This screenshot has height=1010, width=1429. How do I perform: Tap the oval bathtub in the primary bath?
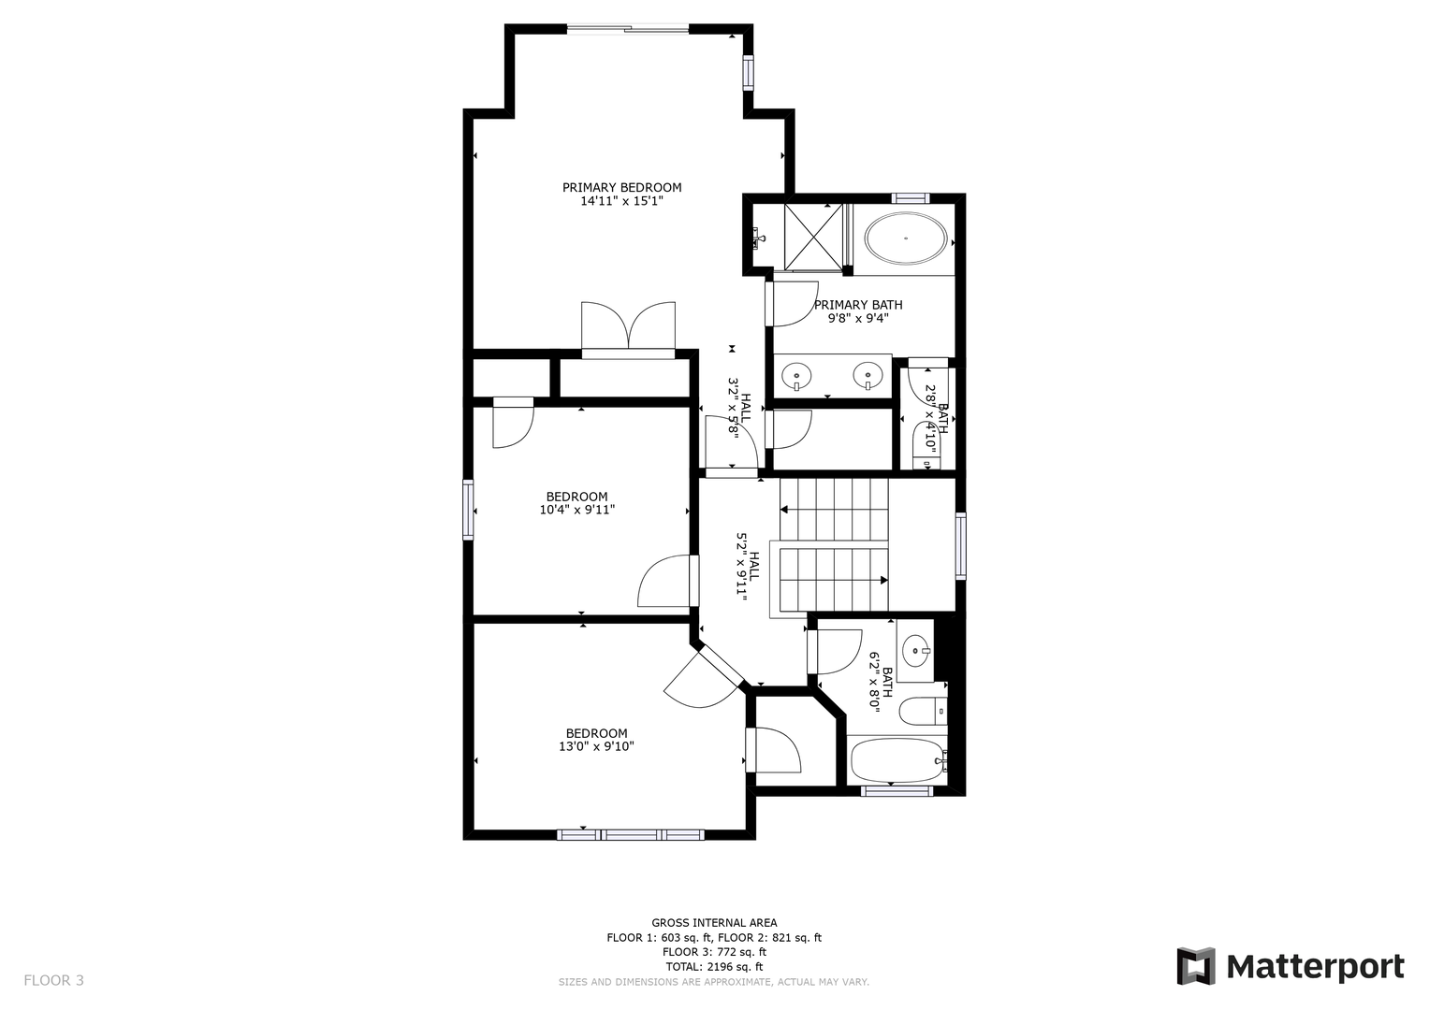coord(905,238)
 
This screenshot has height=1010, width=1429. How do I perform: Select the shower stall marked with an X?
coord(813,238)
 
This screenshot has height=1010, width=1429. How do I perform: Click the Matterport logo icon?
coord(1195,966)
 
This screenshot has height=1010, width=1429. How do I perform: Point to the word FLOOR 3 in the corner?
coord(53,981)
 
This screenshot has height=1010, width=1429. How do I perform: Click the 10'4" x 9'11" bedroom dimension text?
coord(576,510)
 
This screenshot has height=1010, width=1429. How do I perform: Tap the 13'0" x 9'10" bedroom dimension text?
coord(596,746)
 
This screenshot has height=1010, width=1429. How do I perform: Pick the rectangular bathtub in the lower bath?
coord(897,760)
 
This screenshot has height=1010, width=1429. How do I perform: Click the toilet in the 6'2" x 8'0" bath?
coord(923,712)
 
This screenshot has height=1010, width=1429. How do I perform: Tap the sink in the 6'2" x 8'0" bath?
coord(917,651)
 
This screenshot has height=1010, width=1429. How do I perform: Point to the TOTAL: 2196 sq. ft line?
coord(714,967)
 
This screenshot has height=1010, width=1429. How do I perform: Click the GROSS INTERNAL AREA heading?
coord(714,923)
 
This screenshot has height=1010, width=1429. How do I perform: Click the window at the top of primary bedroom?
coord(628,28)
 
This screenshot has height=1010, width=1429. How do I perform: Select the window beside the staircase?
coord(961,546)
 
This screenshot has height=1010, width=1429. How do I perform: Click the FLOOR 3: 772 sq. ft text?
coord(714,952)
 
